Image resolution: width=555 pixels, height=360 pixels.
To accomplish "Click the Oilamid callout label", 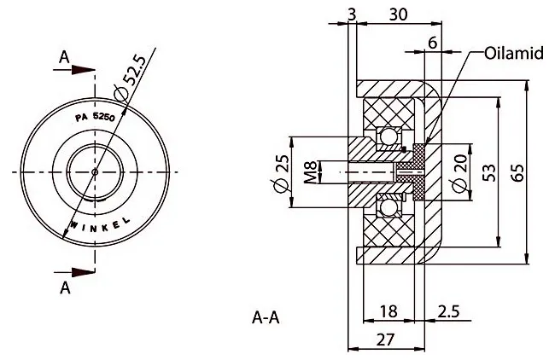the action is [x=513, y=53].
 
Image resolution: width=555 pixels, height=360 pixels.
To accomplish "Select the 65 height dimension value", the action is [x=517, y=172].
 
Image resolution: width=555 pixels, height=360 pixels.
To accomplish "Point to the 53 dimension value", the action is [x=490, y=172].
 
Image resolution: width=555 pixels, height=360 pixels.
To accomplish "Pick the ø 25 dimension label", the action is [x=282, y=173].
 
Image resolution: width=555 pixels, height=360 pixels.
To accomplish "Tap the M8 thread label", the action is [x=310, y=172].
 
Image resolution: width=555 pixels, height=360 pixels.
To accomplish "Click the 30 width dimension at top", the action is [x=398, y=15].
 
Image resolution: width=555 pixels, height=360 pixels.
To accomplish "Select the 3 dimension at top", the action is [x=352, y=15].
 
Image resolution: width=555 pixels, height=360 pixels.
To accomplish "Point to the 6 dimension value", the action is [x=433, y=43].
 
